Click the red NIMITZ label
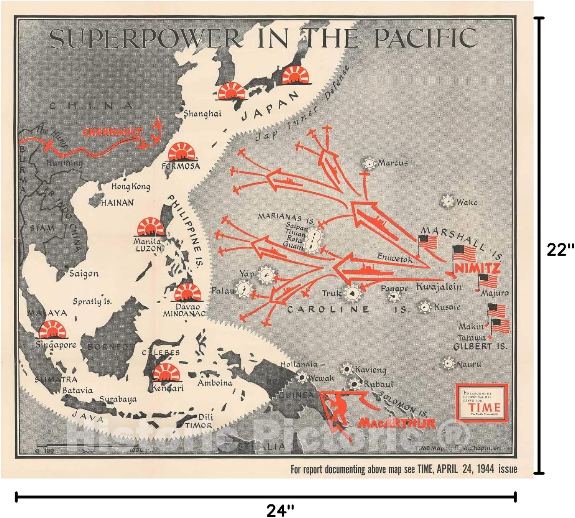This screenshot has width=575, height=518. coord(477,268)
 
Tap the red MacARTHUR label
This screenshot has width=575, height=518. coord(396,423)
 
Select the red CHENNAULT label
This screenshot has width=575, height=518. coord(112,132)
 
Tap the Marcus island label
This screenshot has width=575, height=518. coord(393,163)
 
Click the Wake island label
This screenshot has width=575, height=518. coord(467,202)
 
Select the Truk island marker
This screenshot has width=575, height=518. coord(352,293)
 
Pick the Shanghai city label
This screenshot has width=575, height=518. coord(202,114)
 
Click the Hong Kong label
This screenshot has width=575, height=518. coord(130,187)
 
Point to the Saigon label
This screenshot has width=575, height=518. coord(84,274)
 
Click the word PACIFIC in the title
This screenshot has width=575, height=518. coord(426,38)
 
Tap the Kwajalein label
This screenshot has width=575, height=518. coord(439,287)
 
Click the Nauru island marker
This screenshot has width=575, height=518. coord(447,363)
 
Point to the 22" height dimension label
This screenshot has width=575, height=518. coord(560,250)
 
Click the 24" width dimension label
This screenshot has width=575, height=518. coord(281,510)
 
